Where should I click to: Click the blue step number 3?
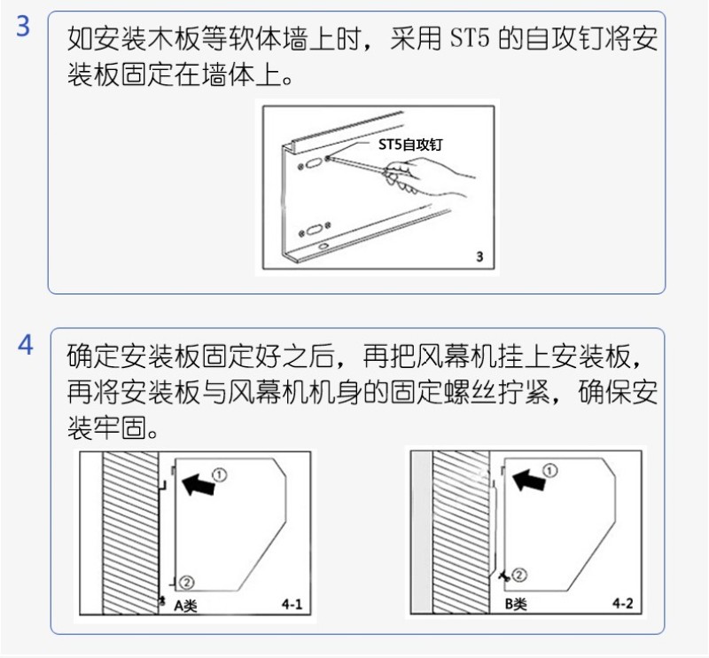click(23, 26)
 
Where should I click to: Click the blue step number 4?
click(26, 345)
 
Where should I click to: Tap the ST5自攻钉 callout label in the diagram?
click(410, 145)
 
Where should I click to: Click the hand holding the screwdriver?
click(427, 177)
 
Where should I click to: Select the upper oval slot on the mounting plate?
click(313, 163)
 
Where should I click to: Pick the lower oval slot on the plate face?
click(314, 230)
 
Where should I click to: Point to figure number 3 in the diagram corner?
click(479, 257)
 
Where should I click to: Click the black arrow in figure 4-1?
click(198, 484)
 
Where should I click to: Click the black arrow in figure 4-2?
click(527, 480)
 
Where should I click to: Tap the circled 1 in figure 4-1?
click(219, 475)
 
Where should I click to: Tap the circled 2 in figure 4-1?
click(187, 583)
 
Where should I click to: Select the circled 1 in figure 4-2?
click(549, 471)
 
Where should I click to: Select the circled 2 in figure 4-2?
click(519, 576)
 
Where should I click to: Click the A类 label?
click(186, 605)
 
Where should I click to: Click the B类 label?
click(516, 604)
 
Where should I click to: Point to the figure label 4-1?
click(292, 604)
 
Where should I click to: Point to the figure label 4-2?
click(623, 603)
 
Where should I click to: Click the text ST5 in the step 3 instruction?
click(470, 38)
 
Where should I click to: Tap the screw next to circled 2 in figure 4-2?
click(504, 576)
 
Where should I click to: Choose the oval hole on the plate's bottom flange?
click(323, 247)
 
